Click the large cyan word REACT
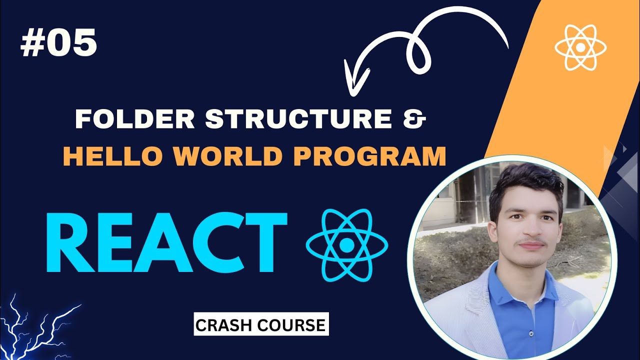click(x=166, y=242)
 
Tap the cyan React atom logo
click(x=346, y=244)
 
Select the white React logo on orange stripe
click(x=580, y=47)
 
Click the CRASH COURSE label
click(x=260, y=325)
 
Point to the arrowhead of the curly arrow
click(x=356, y=75)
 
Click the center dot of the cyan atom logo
click(x=346, y=244)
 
